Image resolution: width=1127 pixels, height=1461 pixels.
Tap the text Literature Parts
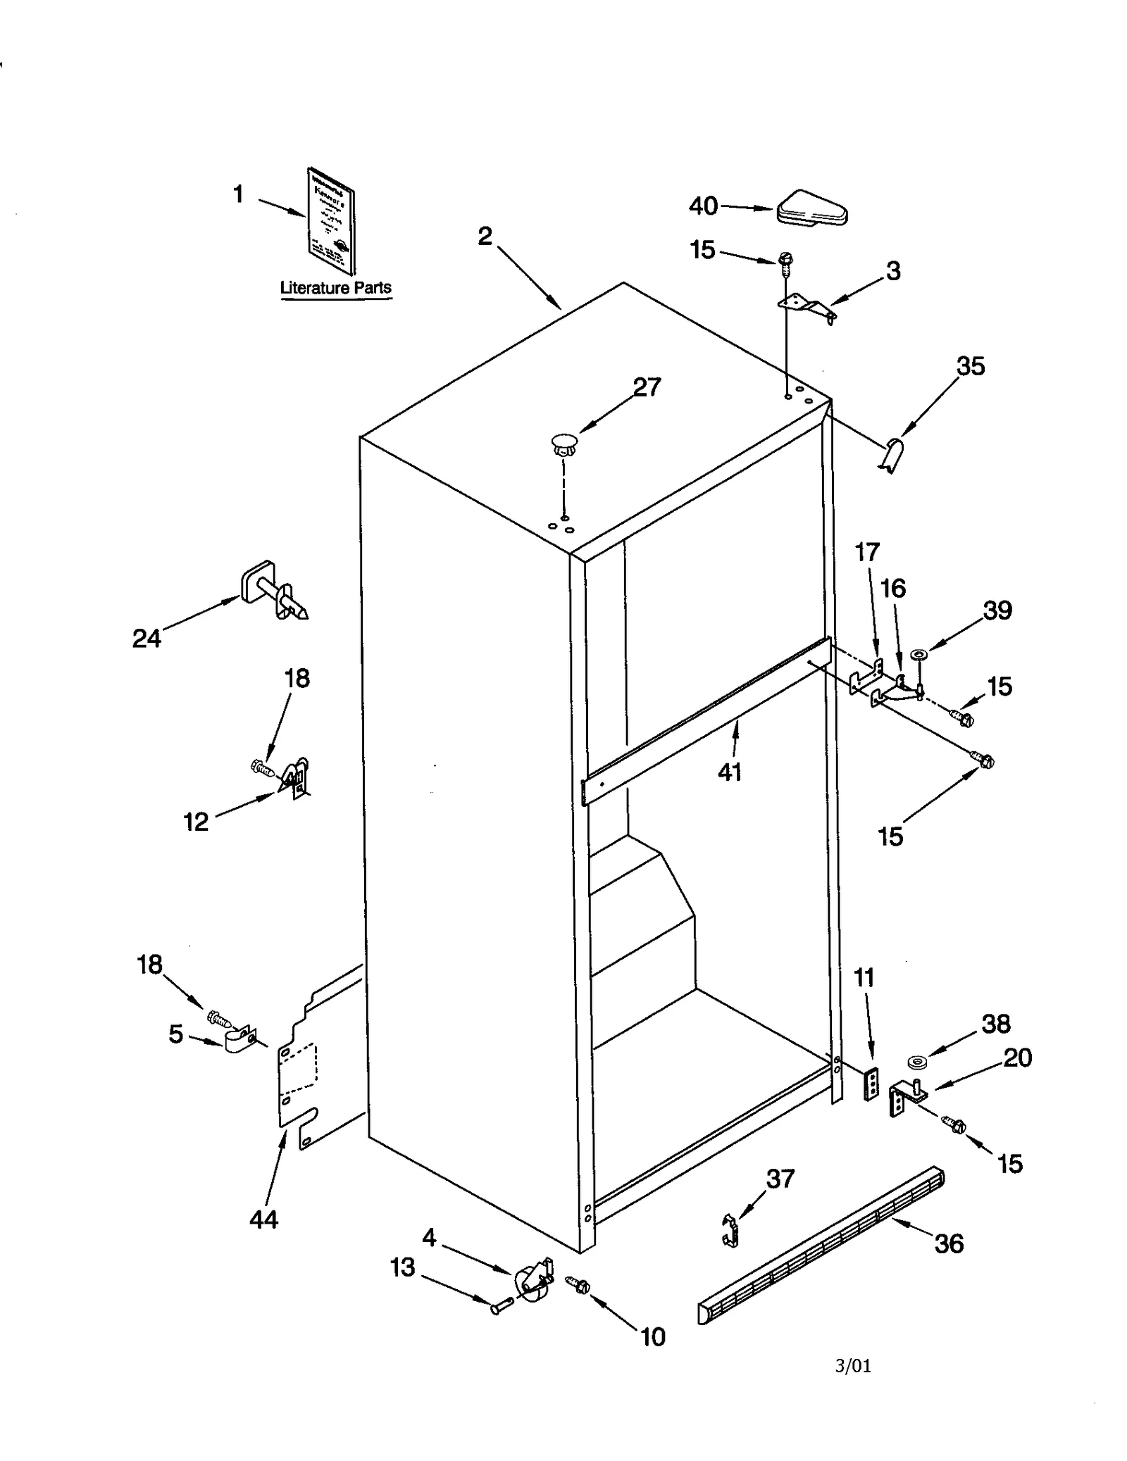click(335, 287)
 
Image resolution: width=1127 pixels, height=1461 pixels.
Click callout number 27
click(647, 387)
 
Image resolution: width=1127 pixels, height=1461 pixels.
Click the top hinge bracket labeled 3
click(808, 308)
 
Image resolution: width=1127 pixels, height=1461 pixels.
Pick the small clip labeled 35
click(892, 455)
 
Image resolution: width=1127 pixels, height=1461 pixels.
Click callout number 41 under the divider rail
click(730, 773)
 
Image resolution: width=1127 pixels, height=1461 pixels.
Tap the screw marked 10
click(580, 1286)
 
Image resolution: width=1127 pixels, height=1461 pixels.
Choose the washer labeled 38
click(917, 1061)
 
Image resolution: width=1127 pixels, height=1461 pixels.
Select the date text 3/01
click(853, 1367)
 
